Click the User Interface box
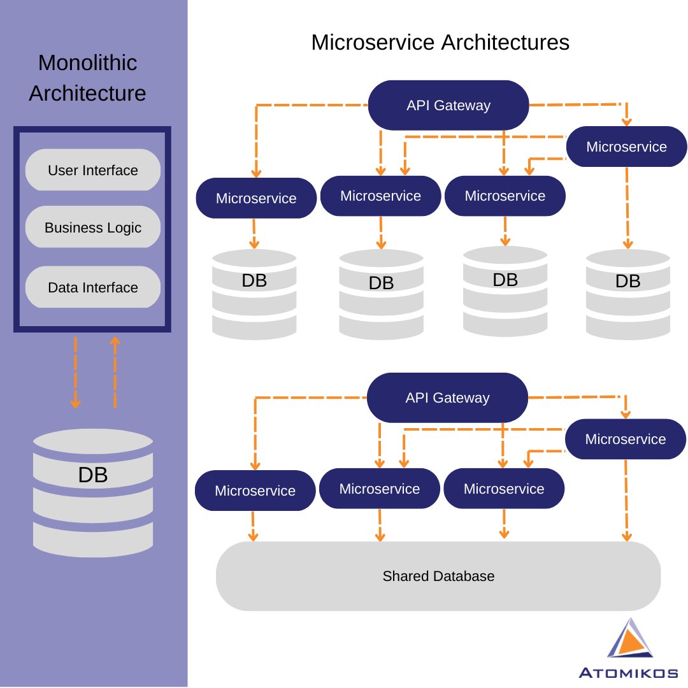(x=93, y=170)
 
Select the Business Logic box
(x=93, y=227)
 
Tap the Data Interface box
(x=93, y=287)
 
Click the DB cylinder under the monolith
(x=93, y=489)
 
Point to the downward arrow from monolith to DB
(x=75, y=373)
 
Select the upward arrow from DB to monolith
(x=115, y=373)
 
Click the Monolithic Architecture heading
(x=87, y=78)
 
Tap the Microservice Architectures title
(x=440, y=43)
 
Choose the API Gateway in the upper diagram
(x=448, y=105)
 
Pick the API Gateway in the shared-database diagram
(x=447, y=398)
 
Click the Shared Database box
(x=438, y=576)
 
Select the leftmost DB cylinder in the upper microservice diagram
(x=254, y=294)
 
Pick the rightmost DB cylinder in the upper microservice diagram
(x=627, y=294)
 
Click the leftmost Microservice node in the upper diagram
(x=256, y=198)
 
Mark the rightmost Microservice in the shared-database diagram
(x=625, y=439)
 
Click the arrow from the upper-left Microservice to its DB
(x=254, y=234)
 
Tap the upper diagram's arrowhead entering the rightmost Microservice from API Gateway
(x=627, y=119)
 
